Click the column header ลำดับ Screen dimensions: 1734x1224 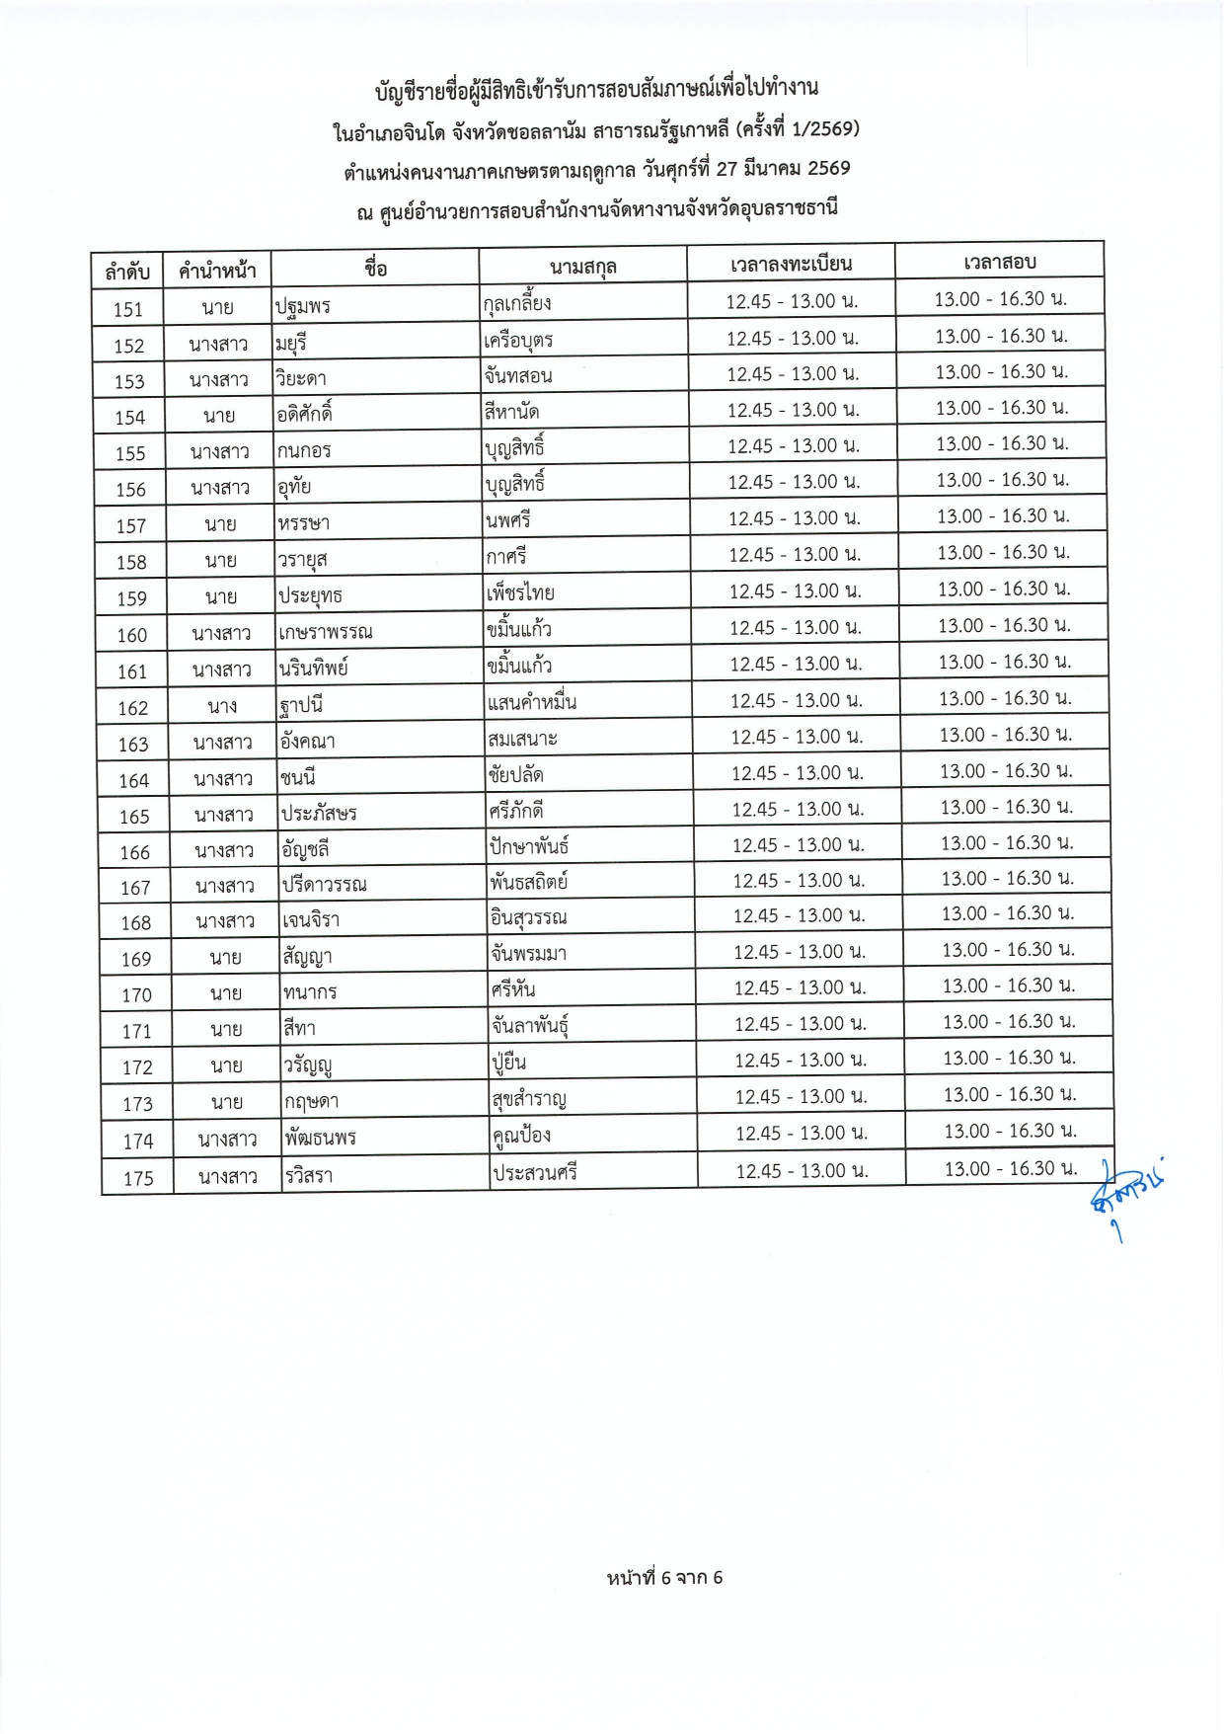[127, 271]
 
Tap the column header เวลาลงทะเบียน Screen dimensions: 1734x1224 [791, 264]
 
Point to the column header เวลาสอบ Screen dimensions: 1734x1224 [999, 262]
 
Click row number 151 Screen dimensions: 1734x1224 [128, 309]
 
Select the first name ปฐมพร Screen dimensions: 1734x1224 [303, 306]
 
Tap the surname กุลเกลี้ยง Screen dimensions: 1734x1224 [517, 303]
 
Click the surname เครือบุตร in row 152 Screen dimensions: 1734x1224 [519, 341]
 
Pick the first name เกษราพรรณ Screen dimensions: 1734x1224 [325, 632]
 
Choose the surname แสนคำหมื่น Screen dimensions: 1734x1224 [531, 703]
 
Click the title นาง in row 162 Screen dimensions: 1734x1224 [222, 706]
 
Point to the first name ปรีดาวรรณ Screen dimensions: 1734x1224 [324, 885]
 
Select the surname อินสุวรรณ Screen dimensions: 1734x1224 [528, 918]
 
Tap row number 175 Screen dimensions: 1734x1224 [138, 1178]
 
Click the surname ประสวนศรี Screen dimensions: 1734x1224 [535, 1173]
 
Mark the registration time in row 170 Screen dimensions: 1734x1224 [800, 987]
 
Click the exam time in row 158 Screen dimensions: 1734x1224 [1002, 552]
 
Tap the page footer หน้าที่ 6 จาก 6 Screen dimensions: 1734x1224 [664, 1577]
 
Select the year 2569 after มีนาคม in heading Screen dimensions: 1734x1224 [828, 168]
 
